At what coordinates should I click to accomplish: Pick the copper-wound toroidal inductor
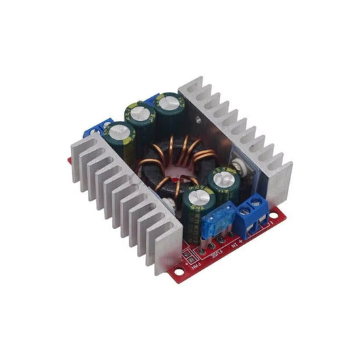170,169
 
